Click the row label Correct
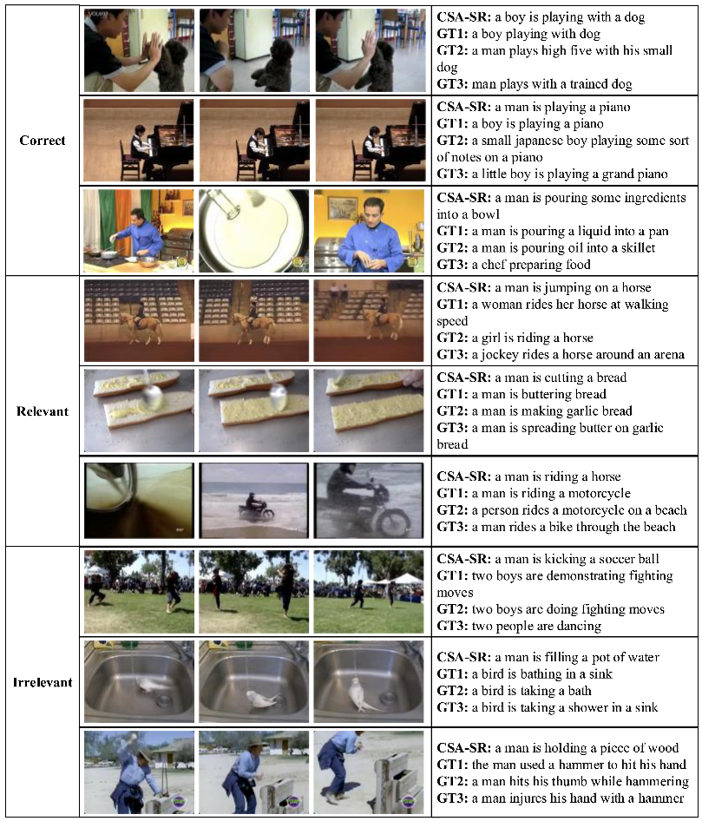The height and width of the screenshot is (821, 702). click(43, 141)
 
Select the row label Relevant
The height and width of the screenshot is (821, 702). click(43, 411)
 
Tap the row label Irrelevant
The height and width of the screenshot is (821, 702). click(43, 682)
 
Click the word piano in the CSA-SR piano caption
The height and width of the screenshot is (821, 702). click(614, 108)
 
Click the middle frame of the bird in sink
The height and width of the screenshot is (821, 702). click(254, 682)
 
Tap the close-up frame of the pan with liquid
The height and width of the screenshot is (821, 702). click(254, 230)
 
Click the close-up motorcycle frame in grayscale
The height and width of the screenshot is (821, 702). click(369, 501)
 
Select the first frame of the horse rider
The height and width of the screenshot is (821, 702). click(139, 320)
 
